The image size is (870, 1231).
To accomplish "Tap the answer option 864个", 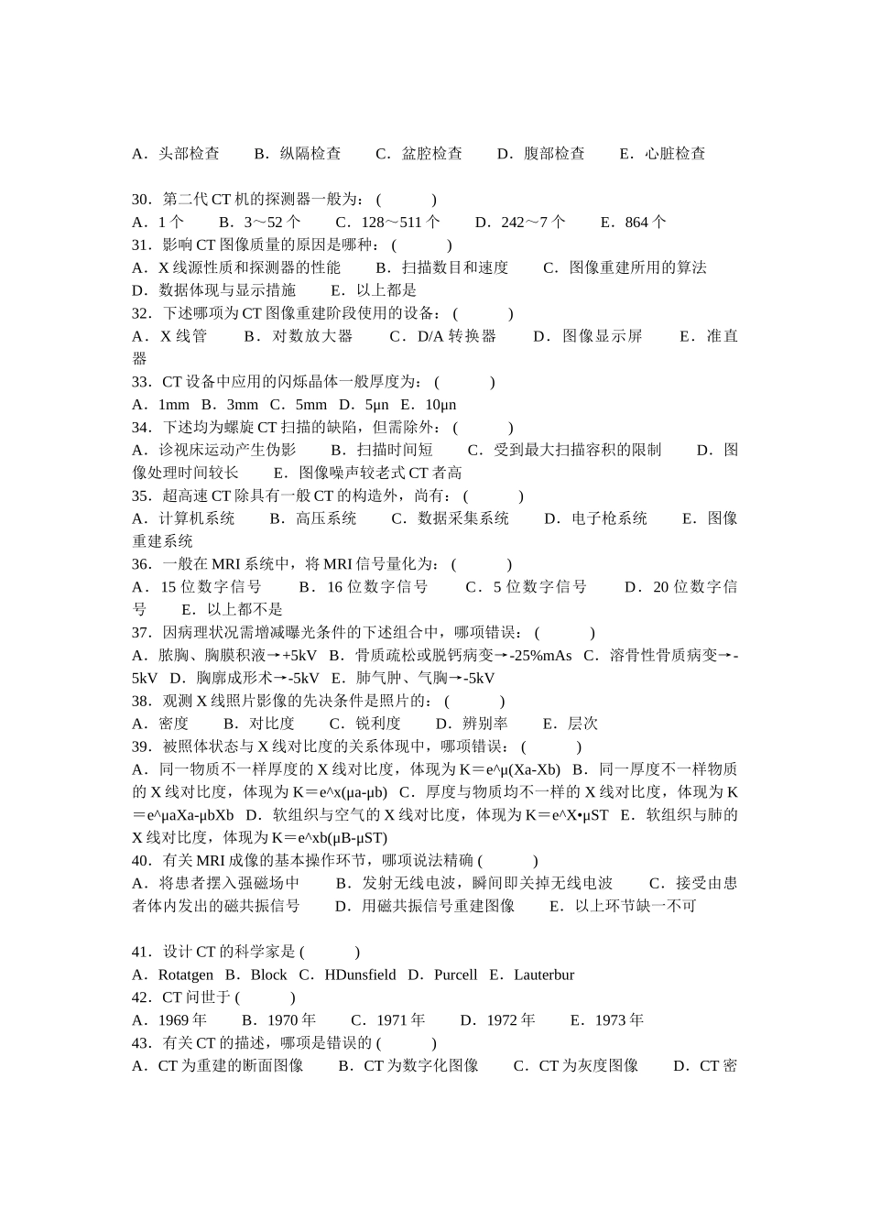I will point(634,223).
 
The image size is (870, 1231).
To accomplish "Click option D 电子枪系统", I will point(596,518).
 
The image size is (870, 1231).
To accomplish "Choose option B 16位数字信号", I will point(364,587).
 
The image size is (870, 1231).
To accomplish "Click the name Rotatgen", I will point(186,975).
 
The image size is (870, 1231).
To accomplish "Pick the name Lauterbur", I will point(544,975).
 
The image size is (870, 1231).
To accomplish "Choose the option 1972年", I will point(498,1020).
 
